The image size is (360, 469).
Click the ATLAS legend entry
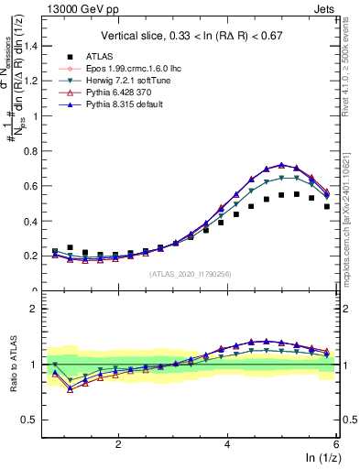coord(101,56)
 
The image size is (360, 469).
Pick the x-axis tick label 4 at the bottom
coord(227,444)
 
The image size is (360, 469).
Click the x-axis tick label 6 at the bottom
coord(336,444)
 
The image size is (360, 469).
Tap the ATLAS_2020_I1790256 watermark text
coord(191,273)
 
